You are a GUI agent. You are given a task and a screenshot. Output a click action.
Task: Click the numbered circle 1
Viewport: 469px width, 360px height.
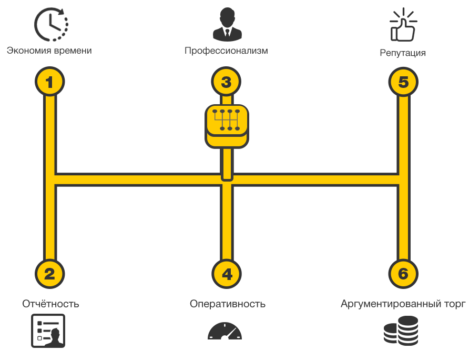coord(49,82)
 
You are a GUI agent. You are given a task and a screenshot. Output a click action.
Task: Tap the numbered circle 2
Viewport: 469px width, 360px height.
coord(49,274)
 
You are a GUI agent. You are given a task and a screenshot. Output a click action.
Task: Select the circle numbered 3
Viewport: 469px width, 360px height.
coord(226,82)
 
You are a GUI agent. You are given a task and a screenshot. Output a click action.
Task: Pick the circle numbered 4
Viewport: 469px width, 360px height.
coord(227,274)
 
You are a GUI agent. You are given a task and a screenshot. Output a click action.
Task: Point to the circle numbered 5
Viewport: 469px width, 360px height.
coord(403,82)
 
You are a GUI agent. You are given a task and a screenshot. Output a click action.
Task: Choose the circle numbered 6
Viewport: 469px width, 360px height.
coord(403,274)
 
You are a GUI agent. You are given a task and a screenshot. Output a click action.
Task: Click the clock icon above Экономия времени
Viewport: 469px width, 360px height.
coord(51,24)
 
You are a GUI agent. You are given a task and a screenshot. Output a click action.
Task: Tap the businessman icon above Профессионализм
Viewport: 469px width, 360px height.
coord(227,24)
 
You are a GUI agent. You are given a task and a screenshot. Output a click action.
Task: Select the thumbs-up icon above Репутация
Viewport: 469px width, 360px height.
coord(403,25)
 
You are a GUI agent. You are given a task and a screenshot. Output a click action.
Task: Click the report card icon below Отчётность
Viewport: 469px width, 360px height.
coord(48,331)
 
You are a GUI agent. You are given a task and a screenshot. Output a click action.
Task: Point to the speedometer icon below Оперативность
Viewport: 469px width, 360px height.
coord(225,331)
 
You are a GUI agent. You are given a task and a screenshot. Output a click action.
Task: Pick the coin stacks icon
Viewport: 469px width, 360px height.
coord(401,331)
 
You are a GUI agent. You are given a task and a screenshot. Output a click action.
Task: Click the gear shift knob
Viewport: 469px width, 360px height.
coord(227,126)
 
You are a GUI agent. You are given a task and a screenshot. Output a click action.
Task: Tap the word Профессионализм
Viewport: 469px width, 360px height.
coord(226,51)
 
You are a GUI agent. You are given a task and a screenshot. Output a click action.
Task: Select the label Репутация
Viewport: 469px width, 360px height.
coord(403,53)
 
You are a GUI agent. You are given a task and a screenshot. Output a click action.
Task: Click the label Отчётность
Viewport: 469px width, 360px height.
coord(50,304)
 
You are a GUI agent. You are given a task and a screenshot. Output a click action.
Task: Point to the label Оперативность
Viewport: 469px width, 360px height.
coord(228,304)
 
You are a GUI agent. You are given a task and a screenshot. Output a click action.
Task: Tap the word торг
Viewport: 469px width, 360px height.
coord(455,304)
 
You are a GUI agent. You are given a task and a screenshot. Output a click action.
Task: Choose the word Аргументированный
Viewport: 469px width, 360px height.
coord(391,304)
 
